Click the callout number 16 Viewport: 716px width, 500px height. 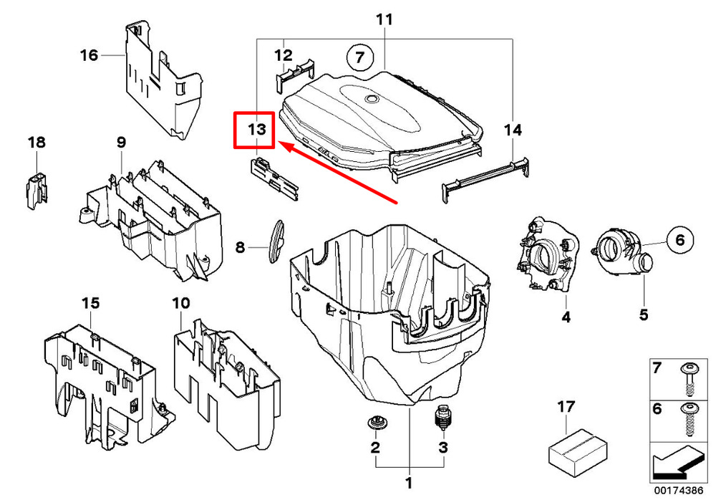[89, 55]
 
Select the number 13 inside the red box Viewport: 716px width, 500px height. [256, 130]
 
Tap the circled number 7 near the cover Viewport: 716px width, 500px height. [360, 57]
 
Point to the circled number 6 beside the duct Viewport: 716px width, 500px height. [680, 240]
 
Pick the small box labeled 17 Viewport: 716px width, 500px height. [578, 450]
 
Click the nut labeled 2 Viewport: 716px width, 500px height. [375, 423]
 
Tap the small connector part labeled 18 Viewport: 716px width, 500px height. [36, 190]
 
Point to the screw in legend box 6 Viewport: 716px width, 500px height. [689, 420]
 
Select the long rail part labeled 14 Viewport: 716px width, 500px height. [486, 179]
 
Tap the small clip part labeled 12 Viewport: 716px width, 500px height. [295, 76]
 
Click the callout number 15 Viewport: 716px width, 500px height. [90, 303]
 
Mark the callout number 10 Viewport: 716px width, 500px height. [181, 303]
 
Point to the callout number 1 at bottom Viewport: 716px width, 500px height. [409, 483]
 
